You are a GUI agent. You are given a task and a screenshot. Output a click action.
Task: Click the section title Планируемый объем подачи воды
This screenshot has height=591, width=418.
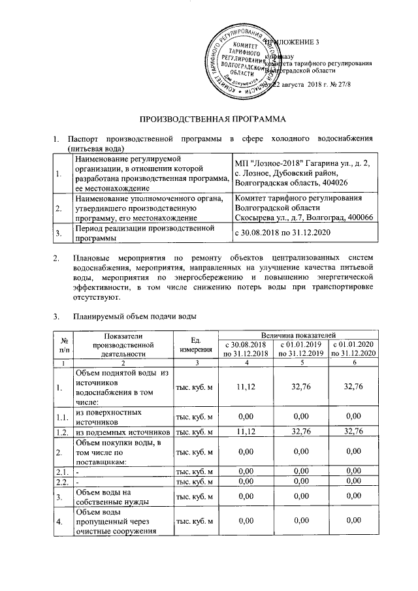click(136, 317)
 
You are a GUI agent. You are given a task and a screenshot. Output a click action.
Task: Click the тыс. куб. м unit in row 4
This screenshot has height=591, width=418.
click(194, 520)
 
